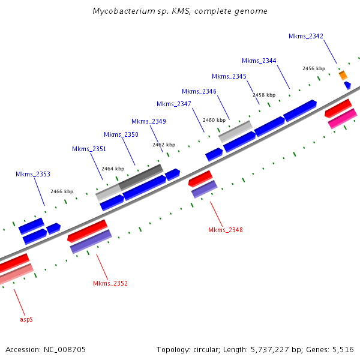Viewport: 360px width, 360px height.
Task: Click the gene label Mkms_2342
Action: [306, 36]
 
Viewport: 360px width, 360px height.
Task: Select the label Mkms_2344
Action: [259, 61]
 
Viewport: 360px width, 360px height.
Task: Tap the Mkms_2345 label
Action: [229, 76]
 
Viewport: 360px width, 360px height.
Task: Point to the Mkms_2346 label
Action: [199, 91]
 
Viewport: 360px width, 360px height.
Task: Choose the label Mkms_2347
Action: [174, 104]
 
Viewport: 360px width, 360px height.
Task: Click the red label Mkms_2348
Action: [226, 230]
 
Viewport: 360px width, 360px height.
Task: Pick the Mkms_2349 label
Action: [149, 121]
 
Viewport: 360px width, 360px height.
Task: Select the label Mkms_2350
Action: [121, 134]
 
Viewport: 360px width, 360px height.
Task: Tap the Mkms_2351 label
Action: [89, 149]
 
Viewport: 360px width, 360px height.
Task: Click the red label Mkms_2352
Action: [110, 283]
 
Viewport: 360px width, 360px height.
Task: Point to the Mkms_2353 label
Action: [33, 174]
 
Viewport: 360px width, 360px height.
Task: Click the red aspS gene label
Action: [26, 319]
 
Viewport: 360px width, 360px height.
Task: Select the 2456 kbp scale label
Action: [313, 68]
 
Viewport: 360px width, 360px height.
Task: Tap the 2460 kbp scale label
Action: [214, 120]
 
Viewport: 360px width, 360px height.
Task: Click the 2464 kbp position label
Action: [113, 169]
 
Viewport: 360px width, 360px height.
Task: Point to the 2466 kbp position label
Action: [62, 191]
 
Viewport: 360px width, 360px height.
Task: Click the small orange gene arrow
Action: [343, 75]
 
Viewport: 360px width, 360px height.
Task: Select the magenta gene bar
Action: [343, 119]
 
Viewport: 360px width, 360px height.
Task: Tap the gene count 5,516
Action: [342, 349]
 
